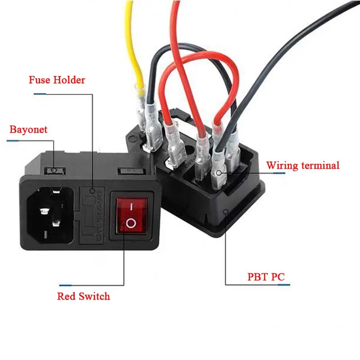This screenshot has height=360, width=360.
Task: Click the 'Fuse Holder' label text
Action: [x=57, y=81]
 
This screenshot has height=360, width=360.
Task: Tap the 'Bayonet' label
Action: [x=28, y=130]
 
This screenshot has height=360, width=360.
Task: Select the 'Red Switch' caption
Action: [x=83, y=296]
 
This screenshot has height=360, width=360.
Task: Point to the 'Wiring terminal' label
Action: [x=302, y=165]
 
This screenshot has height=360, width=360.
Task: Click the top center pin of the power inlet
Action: [x=54, y=192]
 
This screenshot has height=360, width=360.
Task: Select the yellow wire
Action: [x=134, y=49]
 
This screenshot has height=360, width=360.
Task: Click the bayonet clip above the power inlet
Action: [x=54, y=171]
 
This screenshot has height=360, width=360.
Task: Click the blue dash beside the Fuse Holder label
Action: [x=40, y=94]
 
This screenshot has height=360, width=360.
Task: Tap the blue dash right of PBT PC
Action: [x=284, y=284]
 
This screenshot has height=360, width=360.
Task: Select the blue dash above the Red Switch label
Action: [x=66, y=285]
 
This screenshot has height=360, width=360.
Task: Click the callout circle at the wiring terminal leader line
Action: [x=218, y=173]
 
